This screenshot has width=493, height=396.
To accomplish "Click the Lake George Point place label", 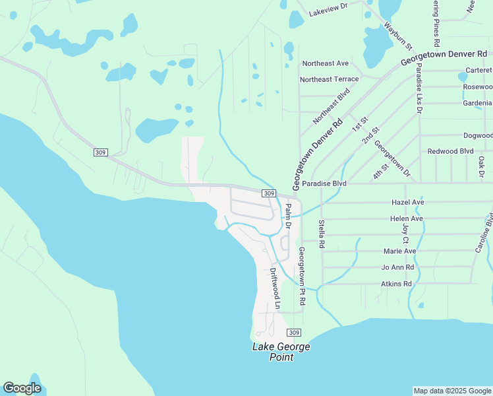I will [x=281, y=352].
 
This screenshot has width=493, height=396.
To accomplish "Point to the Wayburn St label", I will [x=398, y=36].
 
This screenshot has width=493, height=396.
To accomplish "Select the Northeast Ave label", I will [x=325, y=63].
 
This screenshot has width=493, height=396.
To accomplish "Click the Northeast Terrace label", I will [x=329, y=79].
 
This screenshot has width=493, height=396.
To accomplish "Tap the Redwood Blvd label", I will [x=450, y=151].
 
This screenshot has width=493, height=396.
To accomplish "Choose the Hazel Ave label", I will [x=407, y=202].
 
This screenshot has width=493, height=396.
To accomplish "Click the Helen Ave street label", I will [x=407, y=218].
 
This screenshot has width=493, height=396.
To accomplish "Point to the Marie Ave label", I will [x=400, y=251].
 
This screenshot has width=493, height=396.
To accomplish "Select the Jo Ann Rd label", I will [x=397, y=267].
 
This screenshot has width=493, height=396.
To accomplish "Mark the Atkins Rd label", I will [x=396, y=284].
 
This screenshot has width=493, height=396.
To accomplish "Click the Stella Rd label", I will [x=322, y=234].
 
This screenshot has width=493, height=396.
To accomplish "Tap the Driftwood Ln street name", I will [x=275, y=288].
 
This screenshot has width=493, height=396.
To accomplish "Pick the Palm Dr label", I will [x=288, y=216].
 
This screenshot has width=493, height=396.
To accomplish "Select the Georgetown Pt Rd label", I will [x=301, y=276].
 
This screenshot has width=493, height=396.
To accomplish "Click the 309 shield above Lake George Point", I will [x=294, y=333].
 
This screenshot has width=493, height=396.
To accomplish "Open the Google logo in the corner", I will [x=22, y=388].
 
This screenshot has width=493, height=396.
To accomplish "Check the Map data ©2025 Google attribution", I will [x=452, y=391].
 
